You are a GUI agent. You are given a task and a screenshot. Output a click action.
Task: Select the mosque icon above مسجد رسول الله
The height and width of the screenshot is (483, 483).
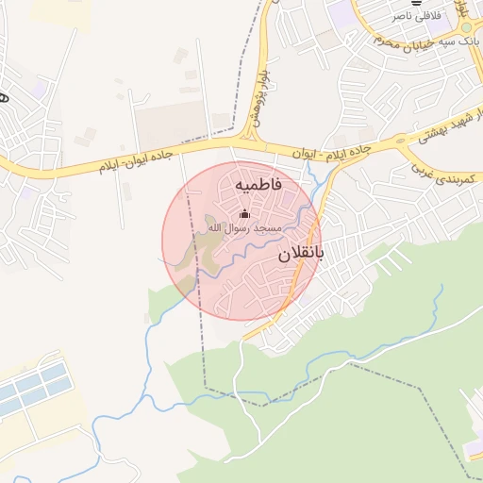(x=245, y=213)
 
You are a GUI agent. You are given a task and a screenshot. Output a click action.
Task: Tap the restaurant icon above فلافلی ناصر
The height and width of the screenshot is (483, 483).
(x=416, y=3)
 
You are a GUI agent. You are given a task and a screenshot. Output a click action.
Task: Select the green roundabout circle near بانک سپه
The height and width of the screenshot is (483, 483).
(x=466, y=28)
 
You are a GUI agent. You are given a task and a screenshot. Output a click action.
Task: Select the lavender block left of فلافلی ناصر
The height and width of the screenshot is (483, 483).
(x=338, y=12)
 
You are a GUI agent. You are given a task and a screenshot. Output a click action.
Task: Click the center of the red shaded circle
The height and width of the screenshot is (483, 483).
(x=241, y=241)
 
